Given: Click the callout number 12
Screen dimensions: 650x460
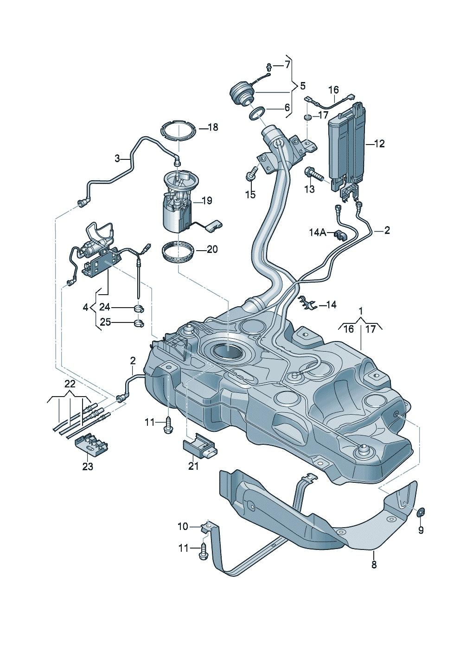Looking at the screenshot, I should tap(379, 144).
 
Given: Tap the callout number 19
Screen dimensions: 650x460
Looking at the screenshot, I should tap(206, 201).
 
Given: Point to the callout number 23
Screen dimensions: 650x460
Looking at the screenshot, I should tap(87, 467).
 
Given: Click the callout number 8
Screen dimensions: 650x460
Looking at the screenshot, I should tap(374, 564).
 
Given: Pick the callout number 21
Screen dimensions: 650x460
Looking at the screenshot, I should tap(193, 466).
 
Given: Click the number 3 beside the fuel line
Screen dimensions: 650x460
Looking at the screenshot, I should tap(118, 158).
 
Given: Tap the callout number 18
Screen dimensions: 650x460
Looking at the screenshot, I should tap(212, 127).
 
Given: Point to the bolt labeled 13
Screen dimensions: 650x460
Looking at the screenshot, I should tap(313, 175).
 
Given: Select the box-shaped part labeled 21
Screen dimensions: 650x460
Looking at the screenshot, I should tap(199, 446).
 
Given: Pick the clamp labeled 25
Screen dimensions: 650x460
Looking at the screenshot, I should tap(139, 322).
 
